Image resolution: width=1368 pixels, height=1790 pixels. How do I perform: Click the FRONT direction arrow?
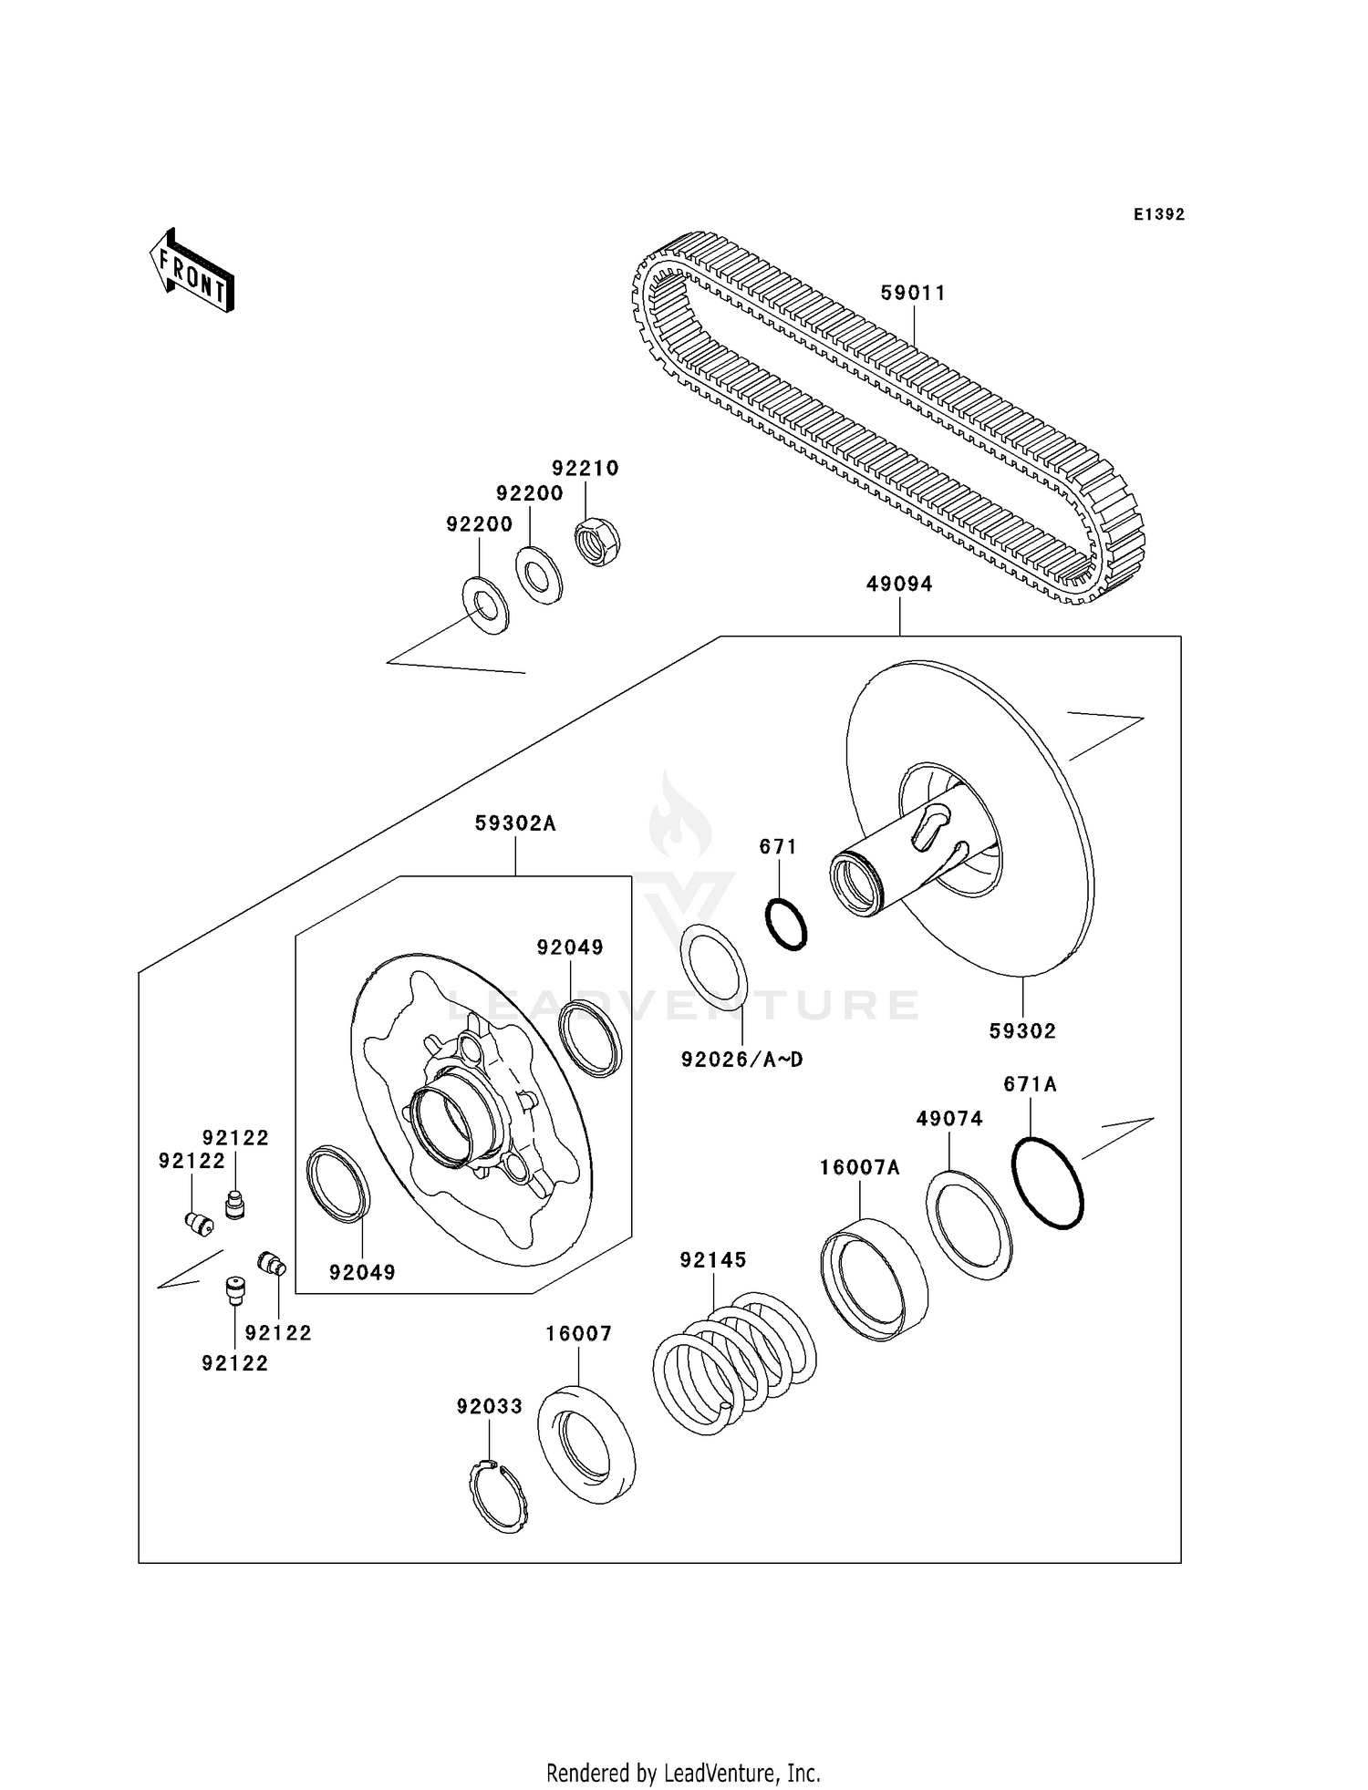coord(192,273)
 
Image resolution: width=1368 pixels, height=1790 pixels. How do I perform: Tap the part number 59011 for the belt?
coord(913,294)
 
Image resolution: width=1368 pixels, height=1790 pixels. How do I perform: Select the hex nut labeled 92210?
coord(597,541)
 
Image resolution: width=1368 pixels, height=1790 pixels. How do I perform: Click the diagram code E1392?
coord(1158,214)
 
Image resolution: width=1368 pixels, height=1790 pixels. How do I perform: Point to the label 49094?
coord(899,585)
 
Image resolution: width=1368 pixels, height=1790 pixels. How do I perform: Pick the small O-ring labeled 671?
coord(785,924)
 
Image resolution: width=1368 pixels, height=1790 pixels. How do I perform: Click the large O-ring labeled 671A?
coord(1048,1183)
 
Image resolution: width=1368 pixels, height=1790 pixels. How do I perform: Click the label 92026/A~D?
coord(741,1060)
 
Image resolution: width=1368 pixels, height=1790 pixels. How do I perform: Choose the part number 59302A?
coord(515,823)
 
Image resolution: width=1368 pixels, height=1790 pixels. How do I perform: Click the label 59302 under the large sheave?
coord(1022,1031)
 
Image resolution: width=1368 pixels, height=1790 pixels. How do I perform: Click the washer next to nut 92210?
coord(539,574)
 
